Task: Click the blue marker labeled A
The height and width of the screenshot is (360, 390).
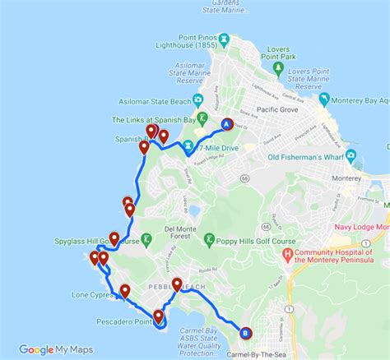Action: click(227, 125)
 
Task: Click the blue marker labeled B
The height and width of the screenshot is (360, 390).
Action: click(245, 333)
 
